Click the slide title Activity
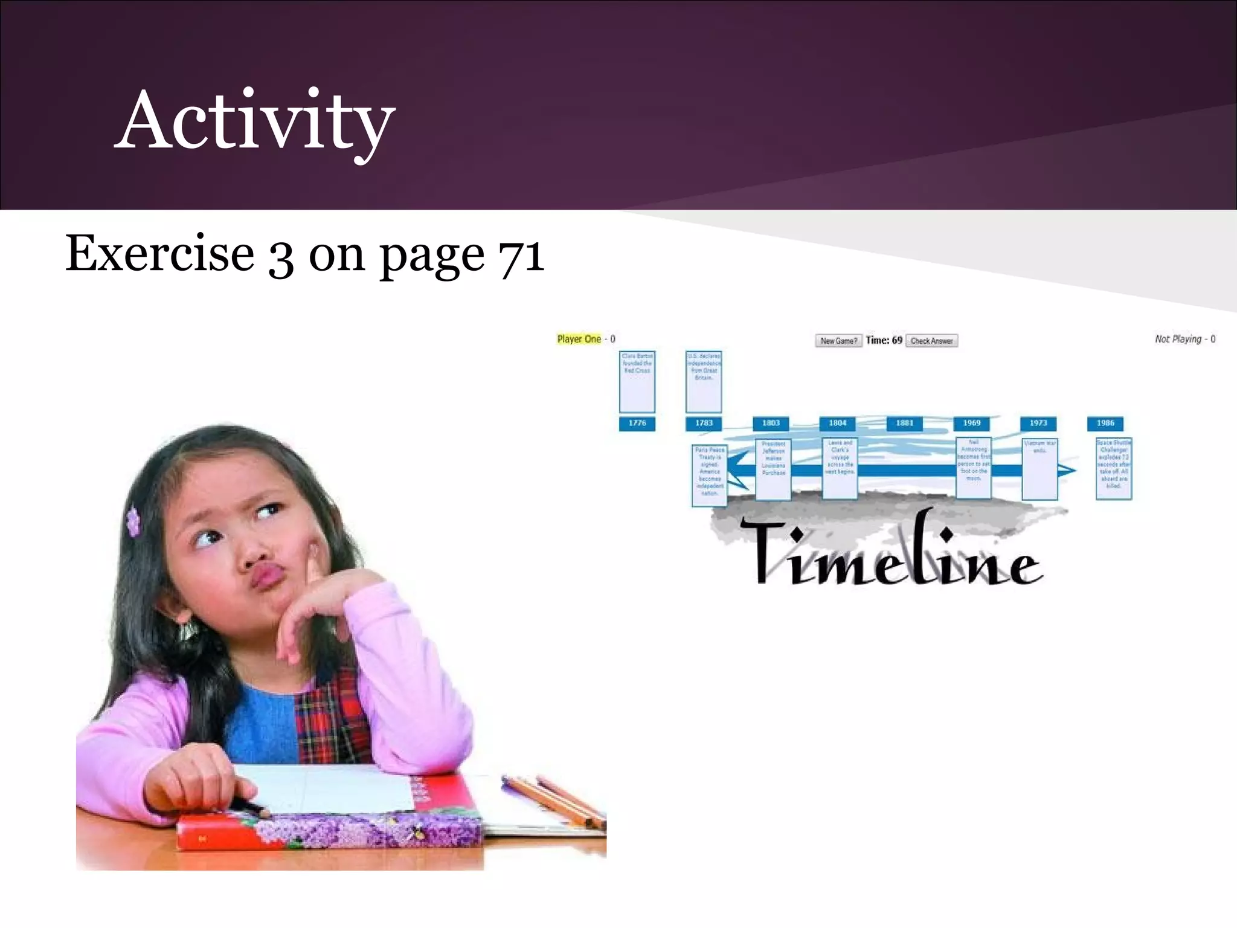coord(255,121)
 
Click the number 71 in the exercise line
coord(521,254)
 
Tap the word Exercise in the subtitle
coord(160,253)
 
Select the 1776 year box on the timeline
coord(637,423)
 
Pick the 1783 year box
coord(704,423)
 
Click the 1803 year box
coord(771,423)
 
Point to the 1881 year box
coord(905,423)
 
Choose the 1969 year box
coord(972,423)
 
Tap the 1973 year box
coord(1038,423)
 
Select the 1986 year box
coord(1105,423)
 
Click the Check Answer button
coord(931,341)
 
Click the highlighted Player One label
coord(579,339)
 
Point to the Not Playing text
coord(1178,339)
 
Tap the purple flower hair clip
coord(133,522)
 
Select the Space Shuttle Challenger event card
coord(1114,468)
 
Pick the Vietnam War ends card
coord(1039,469)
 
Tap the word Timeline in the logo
coord(894,553)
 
